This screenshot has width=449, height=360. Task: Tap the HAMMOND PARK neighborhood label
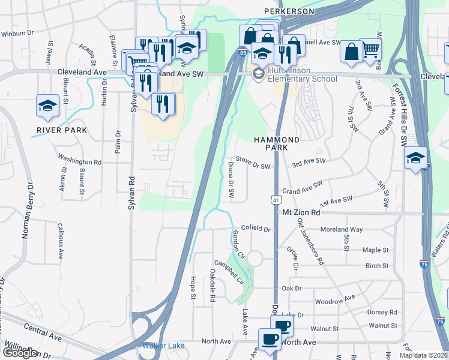[276, 143]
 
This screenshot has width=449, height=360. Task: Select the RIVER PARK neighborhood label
[62, 130]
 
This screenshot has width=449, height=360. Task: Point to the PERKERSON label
[289, 11]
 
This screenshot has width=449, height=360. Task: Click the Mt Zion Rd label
[300, 212]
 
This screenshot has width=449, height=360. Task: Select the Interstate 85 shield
[241, 52]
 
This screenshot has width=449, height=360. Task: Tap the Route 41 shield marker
[275, 199]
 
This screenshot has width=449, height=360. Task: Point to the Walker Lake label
[161, 346]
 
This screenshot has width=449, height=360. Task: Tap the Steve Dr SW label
[253, 163]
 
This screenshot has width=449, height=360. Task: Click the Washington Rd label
[80, 161]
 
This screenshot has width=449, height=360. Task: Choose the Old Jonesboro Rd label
[311, 242]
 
